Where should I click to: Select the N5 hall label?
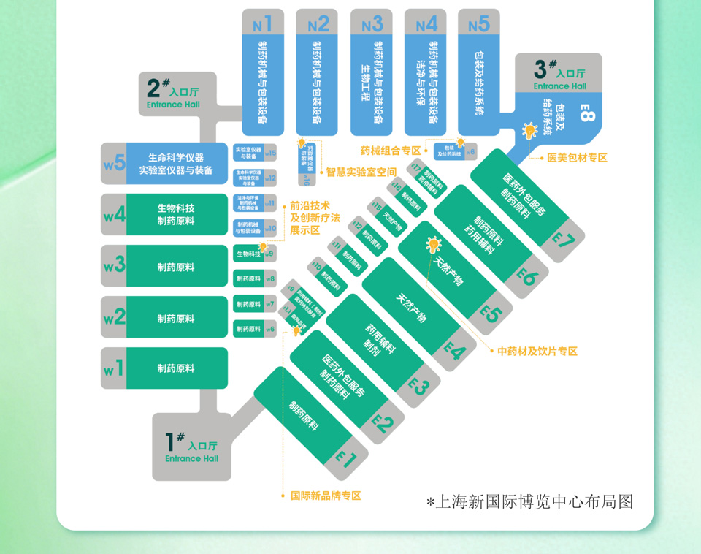click(x=478, y=24)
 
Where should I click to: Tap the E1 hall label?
click(x=345, y=458)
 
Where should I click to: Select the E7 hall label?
click(x=564, y=239)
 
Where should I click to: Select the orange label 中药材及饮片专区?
click(x=537, y=352)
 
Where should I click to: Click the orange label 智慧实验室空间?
click(x=361, y=172)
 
